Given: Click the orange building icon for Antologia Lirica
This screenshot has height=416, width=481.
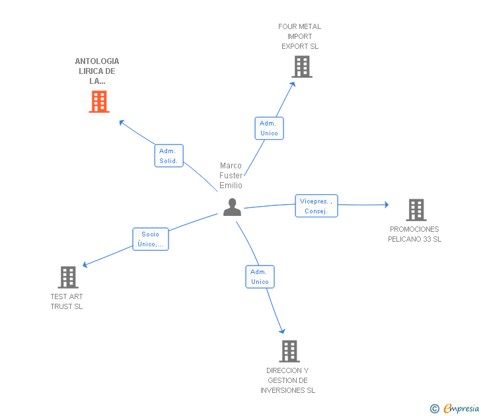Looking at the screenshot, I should [x=99, y=102].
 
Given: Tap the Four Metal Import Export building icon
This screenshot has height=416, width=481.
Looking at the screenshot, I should [x=302, y=67].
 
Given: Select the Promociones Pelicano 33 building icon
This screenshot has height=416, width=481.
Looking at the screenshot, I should [x=416, y=210].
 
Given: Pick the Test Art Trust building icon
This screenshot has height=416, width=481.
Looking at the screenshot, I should [x=68, y=277].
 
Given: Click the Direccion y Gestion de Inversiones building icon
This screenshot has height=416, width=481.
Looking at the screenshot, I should [x=289, y=351].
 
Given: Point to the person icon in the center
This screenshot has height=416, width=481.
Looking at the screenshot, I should [x=232, y=207].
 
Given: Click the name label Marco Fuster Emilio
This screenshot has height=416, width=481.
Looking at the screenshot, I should [x=231, y=176].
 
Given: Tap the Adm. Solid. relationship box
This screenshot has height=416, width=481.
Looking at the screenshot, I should [x=169, y=156].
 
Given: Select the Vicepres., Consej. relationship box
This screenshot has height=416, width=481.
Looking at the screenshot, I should [x=316, y=206].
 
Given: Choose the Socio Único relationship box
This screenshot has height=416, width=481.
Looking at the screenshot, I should [x=151, y=239].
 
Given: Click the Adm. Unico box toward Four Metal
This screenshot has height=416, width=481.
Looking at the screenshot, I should [x=269, y=128].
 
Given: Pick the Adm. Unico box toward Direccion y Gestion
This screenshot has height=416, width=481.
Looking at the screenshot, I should [x=260, y=277].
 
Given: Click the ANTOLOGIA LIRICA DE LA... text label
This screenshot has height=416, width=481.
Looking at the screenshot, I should [x=97, y=71].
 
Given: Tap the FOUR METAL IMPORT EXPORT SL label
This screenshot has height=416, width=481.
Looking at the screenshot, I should [x=300, y=36].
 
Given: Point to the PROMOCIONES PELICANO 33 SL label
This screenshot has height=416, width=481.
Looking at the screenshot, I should [x=414, y=234].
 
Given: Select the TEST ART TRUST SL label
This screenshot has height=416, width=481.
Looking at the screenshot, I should [x=67, y=301].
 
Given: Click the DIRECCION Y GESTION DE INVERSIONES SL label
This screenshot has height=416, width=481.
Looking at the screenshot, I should [x=287, y=380].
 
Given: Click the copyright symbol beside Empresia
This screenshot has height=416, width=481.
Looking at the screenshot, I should [x=434, y=409].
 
